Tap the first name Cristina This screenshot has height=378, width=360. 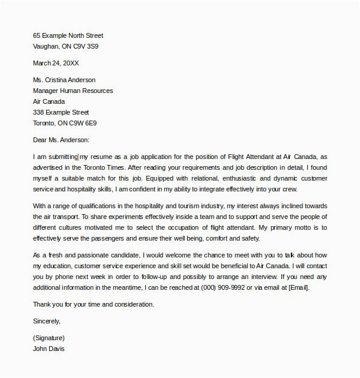[59, 80]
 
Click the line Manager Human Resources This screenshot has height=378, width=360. [73, 91]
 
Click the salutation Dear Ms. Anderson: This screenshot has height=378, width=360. [61, 140]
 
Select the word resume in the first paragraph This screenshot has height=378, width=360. [103, 157]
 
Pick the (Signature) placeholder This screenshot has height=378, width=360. [49, 338]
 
